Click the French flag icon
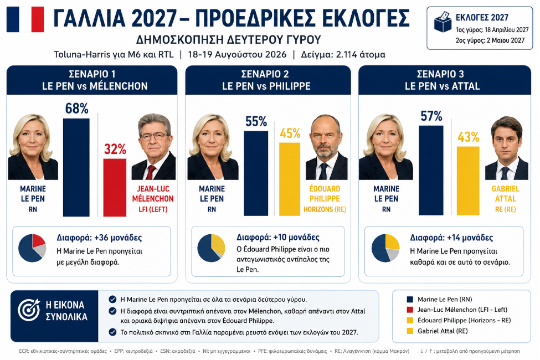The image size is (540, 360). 25,19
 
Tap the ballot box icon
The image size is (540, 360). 442,22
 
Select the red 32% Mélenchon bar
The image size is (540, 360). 115,187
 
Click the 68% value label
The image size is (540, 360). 77,109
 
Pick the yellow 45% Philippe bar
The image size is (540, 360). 290,179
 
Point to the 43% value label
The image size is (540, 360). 469,137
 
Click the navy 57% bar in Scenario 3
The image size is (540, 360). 431,171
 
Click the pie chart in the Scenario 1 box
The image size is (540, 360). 32,248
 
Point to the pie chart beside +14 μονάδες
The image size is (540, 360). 385,248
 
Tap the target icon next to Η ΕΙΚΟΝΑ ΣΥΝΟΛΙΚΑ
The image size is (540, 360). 29,310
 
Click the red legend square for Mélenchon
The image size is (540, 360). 410,310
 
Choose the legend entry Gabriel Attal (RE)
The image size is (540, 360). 443,331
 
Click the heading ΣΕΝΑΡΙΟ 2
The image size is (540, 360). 265,74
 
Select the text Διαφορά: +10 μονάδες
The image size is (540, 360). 278,238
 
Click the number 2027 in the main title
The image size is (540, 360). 154,19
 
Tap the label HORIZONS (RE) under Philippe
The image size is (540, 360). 325,209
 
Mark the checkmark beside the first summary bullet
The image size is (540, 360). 112,299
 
